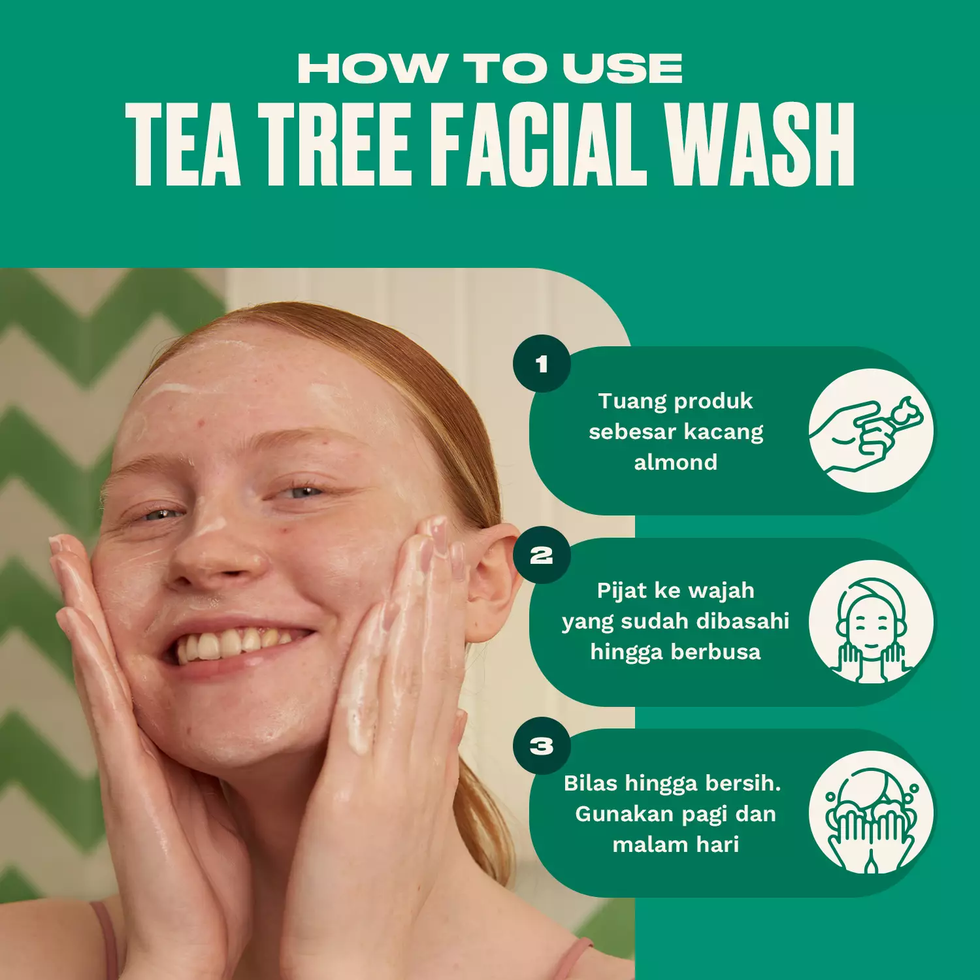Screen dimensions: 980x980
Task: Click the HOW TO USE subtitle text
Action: coord(490,69)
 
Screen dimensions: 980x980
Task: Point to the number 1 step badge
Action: coord(542,364)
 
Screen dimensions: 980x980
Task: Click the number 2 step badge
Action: coord(542,555)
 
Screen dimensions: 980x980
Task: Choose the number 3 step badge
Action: coord(542,745)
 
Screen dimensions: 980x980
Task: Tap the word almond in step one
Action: coord(676,463)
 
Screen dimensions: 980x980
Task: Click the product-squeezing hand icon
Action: coord(871,431)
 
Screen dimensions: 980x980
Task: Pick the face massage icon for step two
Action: coord(871,622)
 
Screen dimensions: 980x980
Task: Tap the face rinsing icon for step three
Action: coord(871,813)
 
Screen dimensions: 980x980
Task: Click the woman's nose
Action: coord(216,555)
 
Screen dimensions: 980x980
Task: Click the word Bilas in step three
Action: coord(591,783)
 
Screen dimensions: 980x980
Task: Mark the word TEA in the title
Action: coord(184,145)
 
